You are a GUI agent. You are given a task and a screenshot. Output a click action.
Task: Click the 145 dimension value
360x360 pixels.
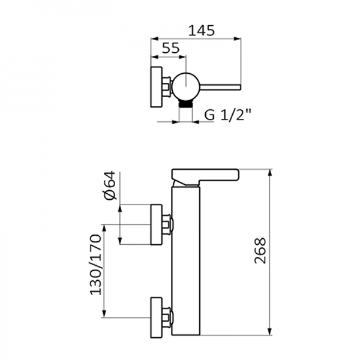pyautogui.click(x=201, y=30)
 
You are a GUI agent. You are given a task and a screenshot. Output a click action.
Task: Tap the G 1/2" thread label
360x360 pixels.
pyautogui.click(x=226, y=115)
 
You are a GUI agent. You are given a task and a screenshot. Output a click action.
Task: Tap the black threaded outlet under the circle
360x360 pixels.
pyautogui.click(x=187, y=104)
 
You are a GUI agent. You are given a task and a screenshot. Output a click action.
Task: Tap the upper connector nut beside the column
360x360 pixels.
pyautogui.click(x=169, y=225)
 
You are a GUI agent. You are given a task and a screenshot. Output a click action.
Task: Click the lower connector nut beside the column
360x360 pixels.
pyautogui.click(x=169, y=316)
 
